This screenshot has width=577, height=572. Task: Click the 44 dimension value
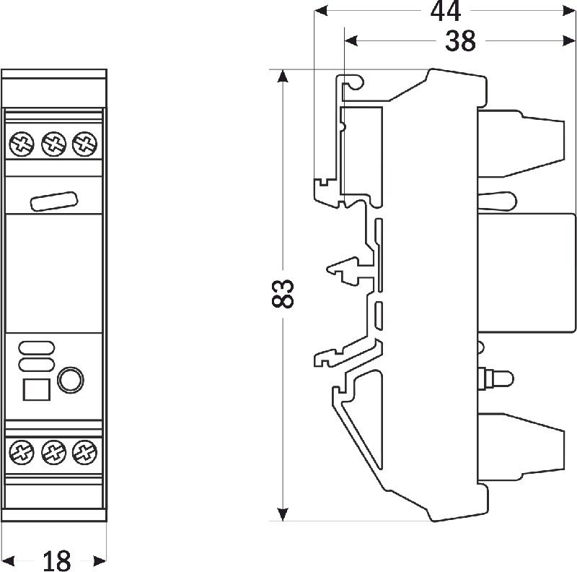(445, 12)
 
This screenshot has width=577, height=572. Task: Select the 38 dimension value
(460, 41)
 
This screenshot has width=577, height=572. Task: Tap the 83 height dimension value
(283, 293)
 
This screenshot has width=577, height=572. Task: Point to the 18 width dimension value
(56, 561)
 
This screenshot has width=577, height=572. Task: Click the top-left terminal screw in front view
(22, 144)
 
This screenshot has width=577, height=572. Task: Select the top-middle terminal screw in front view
(53, 144)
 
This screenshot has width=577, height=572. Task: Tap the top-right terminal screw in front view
(85, 144)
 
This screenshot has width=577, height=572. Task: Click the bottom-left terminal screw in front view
(22, 452)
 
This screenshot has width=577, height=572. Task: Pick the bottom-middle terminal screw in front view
(53, 452)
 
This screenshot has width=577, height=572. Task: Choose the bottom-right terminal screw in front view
(85, 452)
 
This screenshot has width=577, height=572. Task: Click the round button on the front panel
(70, 380)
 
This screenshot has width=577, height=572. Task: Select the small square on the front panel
(37, 389)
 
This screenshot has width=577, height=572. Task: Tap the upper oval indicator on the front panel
(37, 347)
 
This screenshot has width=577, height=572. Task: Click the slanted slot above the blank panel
(53, 201)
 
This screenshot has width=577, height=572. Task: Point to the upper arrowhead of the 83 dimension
(283, 77)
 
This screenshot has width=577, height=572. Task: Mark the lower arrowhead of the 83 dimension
(283, 514)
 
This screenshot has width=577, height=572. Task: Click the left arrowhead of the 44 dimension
(320, 11)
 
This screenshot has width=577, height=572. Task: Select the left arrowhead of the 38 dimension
(351, 40)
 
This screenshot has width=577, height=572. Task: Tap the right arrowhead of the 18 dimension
(100, 561)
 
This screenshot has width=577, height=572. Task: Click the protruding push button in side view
(495, 379)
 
